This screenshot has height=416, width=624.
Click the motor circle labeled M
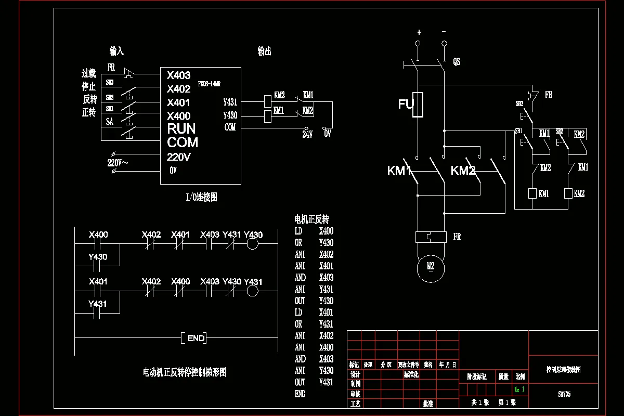(431, 266)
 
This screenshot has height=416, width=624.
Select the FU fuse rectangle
(418, 105)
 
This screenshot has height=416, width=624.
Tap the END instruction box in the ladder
(196, 339)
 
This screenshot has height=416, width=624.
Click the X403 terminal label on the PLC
(179, 75)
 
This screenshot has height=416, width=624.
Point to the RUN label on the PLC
(181, 128)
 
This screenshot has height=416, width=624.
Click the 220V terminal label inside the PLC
(179, 157)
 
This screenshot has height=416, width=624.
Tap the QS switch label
(457, 62)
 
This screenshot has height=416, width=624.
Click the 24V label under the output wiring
(307, 134)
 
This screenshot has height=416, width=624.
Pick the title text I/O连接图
(201, 197)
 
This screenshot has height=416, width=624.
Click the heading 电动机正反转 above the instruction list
(311, 219)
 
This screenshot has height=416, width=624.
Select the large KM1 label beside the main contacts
(399, 171)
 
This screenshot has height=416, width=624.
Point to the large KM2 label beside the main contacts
(463, 171)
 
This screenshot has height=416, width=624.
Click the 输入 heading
(116, 51)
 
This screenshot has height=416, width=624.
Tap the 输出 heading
(264, 51)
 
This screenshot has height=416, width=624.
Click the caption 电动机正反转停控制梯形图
(184, 372)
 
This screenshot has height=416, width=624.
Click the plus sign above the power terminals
(419, 32)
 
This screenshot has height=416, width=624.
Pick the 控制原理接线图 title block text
(563, 370)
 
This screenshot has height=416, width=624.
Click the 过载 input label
(89, 74)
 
